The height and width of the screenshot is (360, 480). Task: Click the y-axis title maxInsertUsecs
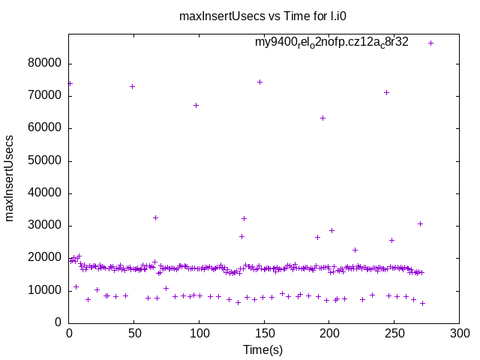pyautogui.click(x=10, y=178)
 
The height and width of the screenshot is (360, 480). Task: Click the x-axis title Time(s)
pyautogui.click(x=263, y=349)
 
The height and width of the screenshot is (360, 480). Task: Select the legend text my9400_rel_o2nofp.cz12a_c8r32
pyautogui.click(x=331, y=43)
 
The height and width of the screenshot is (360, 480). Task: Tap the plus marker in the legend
pyautogui.click(x=430, y=43)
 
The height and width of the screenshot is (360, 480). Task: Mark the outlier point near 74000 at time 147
pyautogui.click(x=259, y=82)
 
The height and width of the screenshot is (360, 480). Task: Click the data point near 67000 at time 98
pyautogui.click(x=196, y=105)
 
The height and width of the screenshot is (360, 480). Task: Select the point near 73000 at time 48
pyautogui.click(x=132, y=86)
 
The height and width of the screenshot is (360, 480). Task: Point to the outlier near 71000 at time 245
pyautogui.click(x=386, y=92)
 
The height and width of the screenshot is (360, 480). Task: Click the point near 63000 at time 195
pyautogui.click(x=322, y=118)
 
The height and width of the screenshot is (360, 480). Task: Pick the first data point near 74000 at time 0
pyautogui.click(x=70, y=83)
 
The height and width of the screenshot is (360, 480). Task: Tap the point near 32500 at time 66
pyautogui.click(x=155, y=217)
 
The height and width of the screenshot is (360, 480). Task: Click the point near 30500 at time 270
pyautogui.click(x=420, y=223)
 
